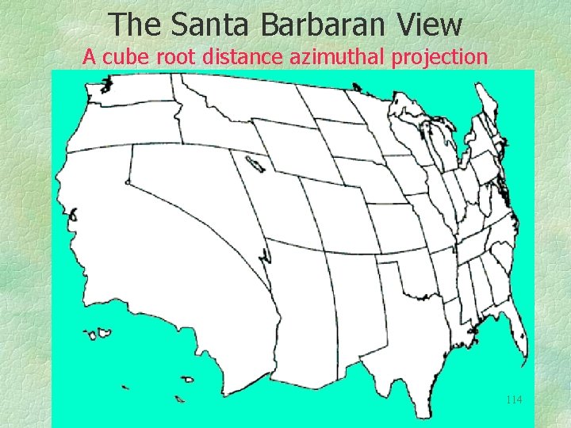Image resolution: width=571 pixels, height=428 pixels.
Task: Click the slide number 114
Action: [513, 399]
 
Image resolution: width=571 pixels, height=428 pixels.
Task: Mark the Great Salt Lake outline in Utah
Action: [255, 164]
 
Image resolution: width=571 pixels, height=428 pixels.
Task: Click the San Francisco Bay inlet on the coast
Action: [73, 215]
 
